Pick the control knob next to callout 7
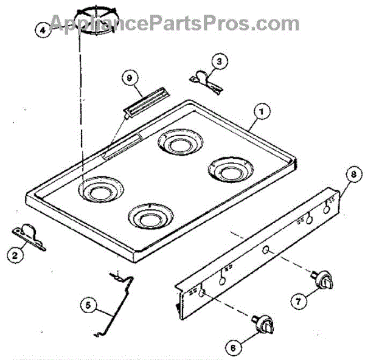tap(325, 281)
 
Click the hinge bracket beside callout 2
tap(31, 235)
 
